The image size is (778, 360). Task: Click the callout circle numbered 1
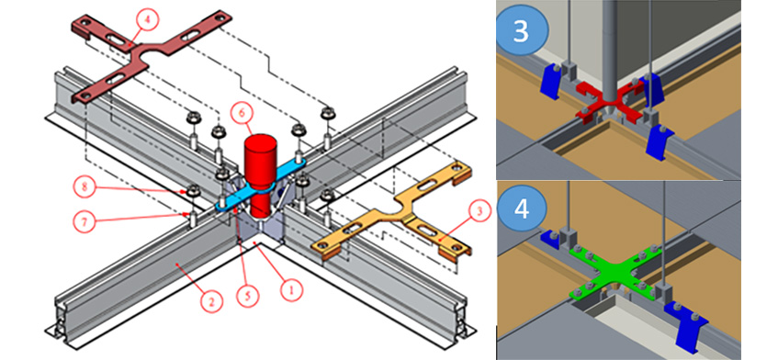[291, 287]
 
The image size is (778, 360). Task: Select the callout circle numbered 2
[211, 300]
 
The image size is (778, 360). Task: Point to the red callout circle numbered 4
[147, 20]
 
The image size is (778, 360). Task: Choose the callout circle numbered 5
[248, 296]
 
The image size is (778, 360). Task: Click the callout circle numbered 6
[242, 113]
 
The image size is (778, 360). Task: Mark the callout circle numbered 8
[85, 187]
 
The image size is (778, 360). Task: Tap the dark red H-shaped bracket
[149, 52]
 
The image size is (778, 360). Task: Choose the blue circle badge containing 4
[521, 208]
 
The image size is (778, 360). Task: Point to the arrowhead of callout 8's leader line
[187, 191]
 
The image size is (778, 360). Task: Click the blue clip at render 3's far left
[550, 80]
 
